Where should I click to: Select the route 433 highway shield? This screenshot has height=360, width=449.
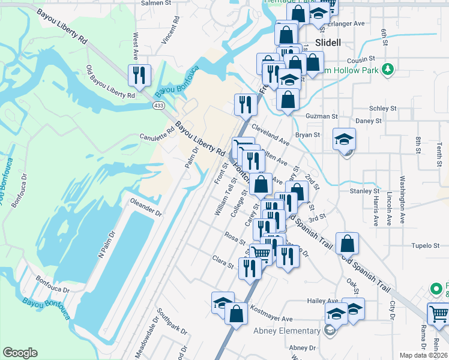pyautogui.click(x=158, y=105)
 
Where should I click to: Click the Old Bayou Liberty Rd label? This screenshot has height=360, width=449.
pyautogui.click(x=110, y=83)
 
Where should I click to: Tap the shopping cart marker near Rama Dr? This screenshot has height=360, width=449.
pyautogui.click(x=439, y=313)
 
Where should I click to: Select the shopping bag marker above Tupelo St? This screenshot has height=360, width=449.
pyautogui.click(x=347, y=243)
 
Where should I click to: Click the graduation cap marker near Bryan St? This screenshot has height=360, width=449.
pyautogui.click(x=344, y=139)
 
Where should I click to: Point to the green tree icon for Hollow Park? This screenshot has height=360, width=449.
pyautogui.click(x=388, y=70)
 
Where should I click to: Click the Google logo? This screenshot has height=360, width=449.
pyautogui.click(x=20, y=353)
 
